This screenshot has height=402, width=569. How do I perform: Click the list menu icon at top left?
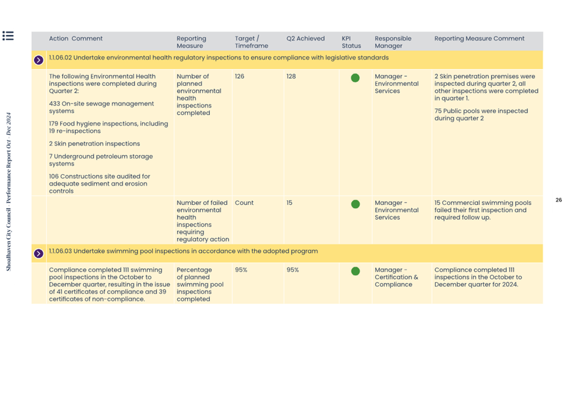(x=8, y=36)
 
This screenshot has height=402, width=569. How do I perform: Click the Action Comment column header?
(x=76, y=38)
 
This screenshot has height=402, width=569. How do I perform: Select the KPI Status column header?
(x=351, y=42)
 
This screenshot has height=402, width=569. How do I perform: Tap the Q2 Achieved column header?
(x=305, y=38)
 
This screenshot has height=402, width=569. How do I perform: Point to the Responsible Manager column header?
(x=392, y=42)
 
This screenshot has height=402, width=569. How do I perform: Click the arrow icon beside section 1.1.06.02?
(x=38, y=60)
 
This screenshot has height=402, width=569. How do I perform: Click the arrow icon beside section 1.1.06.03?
(x=38, y=253)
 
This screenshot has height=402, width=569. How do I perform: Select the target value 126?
(x=239, y=76)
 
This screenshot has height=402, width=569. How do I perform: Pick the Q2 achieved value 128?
(x=291, y=76)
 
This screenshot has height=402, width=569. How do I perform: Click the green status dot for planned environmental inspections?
(x=355, y=78)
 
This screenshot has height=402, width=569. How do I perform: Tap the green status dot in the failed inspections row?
(x=355, y=205)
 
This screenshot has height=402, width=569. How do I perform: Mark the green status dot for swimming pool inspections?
(x=355, y=271)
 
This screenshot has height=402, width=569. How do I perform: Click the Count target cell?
(x=244, y=203)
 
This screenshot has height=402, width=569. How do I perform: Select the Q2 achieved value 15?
(x=289, y=203)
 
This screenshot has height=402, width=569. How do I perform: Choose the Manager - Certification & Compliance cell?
(x=396, y=277)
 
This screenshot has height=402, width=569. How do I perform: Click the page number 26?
(x=559, y=200)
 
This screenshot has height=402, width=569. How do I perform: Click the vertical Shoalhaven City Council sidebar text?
(x=9, y=192)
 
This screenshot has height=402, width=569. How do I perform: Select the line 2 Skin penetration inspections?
(x=94, y=144)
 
